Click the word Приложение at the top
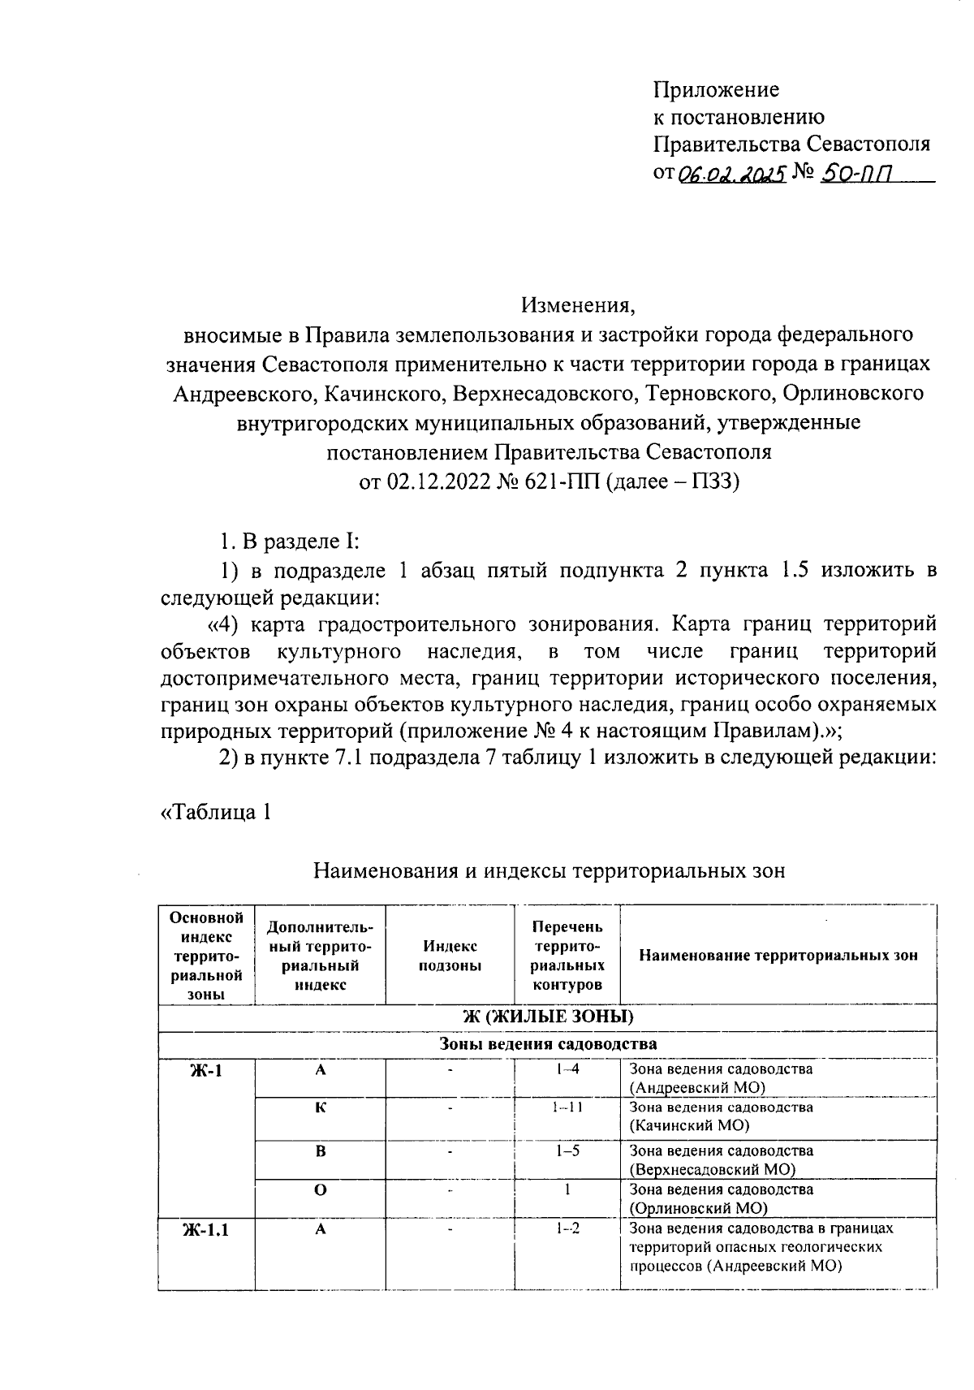(717, 89)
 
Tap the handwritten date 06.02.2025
(732, 173)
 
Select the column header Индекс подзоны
(450, 956)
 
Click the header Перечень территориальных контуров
(567, 956)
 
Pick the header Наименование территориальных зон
(778, 956)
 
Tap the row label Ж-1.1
(205, 1230)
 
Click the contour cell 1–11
(567, 1107)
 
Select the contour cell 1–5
(567, 1150)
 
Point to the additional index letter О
(321, 1189)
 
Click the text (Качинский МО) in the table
(689, 1125)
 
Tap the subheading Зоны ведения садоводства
(548, 1044)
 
